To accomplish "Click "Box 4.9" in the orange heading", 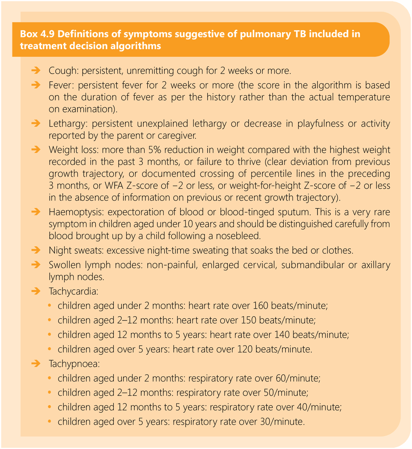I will pyautogui.click(x=37, y=34).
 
